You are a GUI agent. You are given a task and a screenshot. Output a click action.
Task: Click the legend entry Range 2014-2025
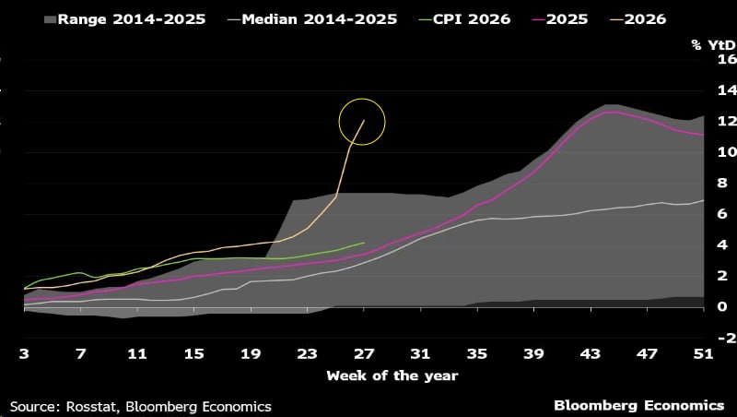point(124,19)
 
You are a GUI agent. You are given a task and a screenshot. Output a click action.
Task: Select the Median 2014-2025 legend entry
point(312,19)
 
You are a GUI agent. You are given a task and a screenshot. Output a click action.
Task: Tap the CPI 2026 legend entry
point(465,19)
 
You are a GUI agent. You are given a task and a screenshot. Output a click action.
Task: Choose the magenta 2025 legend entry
point(560,19)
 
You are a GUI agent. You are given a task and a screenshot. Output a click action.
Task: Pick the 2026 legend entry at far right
point(638,19)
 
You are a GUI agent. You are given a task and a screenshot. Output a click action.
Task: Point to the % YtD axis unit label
point(713,45)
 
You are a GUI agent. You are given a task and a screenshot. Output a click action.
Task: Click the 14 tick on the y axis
point(727,90)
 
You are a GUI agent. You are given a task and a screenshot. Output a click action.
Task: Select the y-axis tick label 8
point(722,183)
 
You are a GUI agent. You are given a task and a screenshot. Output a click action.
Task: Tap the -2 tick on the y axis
point(725,338)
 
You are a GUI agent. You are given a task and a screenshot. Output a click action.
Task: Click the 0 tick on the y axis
point(722,307)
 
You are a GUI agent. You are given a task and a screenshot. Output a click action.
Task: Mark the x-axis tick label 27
point(364,354)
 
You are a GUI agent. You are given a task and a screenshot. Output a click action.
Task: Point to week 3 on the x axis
point(24,354)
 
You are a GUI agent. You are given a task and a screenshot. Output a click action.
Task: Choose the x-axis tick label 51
point(704,354)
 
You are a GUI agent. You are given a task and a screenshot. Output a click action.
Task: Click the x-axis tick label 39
point(534,354)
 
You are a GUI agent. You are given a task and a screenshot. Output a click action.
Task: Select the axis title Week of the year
point(392,376)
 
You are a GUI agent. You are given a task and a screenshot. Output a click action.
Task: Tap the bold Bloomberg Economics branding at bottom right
point(639,406)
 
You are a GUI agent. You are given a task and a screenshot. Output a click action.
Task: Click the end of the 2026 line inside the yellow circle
point(364,121)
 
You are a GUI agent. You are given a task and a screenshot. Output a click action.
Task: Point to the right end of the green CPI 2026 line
point(364,243)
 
